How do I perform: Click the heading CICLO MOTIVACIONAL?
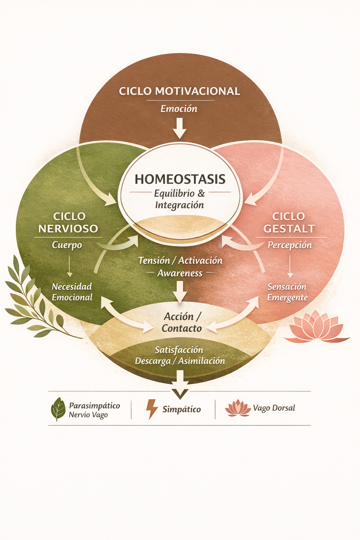pyautogui.click(x=179, y=91)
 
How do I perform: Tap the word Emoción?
pyautogui.click(x=179, y=109)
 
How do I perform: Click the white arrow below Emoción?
pyautogui.click(x=180, y=128)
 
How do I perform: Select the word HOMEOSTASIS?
pyautogui.click(x=180, y=179)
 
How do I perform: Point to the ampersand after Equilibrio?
pyautogui.click(x=201, y=193)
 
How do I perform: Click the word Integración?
pyautogui.click(x=179, y=205)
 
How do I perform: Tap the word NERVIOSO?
pyautogui.click(x=68, y=229)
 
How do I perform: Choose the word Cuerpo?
pyautogui.click(x=67, y=245)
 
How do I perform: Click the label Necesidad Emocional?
pyautogui.click(x=72, y=292)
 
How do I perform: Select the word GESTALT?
pyautogui.click(x=289, y=229)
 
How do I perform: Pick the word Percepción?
pyautogui.click(x=290, y=245)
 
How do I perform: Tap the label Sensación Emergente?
pyautogui.click(x=287, y=292)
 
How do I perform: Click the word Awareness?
pyautogui.click(x=180, y=273)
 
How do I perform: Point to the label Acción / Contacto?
pyautogui.click(x=181, y=322)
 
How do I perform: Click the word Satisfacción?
pyautogui.click(x=179, y=350)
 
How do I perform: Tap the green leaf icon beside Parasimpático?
pyautogui.click(x=58, y=409)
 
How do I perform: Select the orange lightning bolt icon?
pyautogui.click(x=152, y=409)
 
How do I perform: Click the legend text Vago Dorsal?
pyautogui.click(x=274, y=408)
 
